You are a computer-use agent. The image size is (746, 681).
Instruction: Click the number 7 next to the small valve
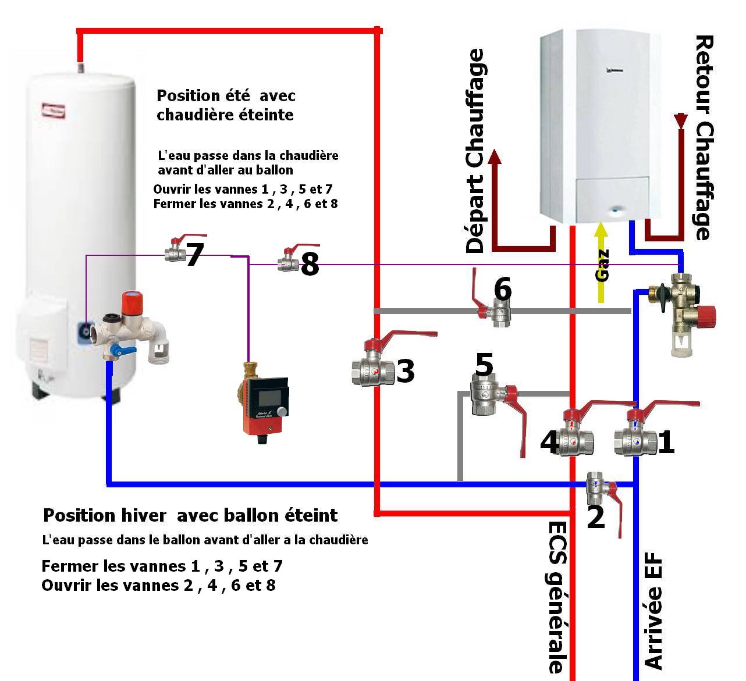[x=194, y=255]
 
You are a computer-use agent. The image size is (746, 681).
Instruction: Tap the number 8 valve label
[x=310, y=265]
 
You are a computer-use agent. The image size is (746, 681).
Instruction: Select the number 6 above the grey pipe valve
[x=502, y=288]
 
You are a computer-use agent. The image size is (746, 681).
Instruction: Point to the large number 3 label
[x=405, y=372]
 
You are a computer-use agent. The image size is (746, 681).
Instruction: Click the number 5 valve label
[x=484, y=365]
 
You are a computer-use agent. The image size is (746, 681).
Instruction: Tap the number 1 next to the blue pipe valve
[x=666, y=442]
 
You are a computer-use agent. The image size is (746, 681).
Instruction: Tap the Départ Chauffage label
[x=476, y=151]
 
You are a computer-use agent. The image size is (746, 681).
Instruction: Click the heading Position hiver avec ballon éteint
[x=190, y=515]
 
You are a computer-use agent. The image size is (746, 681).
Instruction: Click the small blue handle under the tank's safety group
[x=123, y=351]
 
